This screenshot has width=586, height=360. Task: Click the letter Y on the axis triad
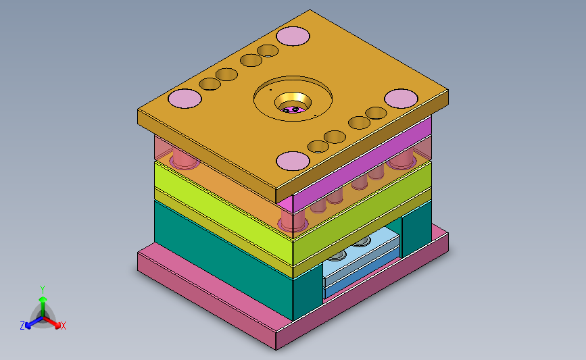tap(43, 290)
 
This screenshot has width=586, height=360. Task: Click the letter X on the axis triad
tap(63, 326)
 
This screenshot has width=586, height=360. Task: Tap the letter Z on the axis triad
tap(22, 326)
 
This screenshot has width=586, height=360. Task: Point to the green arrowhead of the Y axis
tap(43, 299)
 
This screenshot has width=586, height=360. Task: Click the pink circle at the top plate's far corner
tap(293, 36)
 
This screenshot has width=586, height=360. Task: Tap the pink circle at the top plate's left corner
tap(185, 99)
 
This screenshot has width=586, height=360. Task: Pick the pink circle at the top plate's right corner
tap(401, 99)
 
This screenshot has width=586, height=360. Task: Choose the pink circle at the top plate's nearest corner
tap(293, 161)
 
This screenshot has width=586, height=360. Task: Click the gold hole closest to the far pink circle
tap(268, 51)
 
